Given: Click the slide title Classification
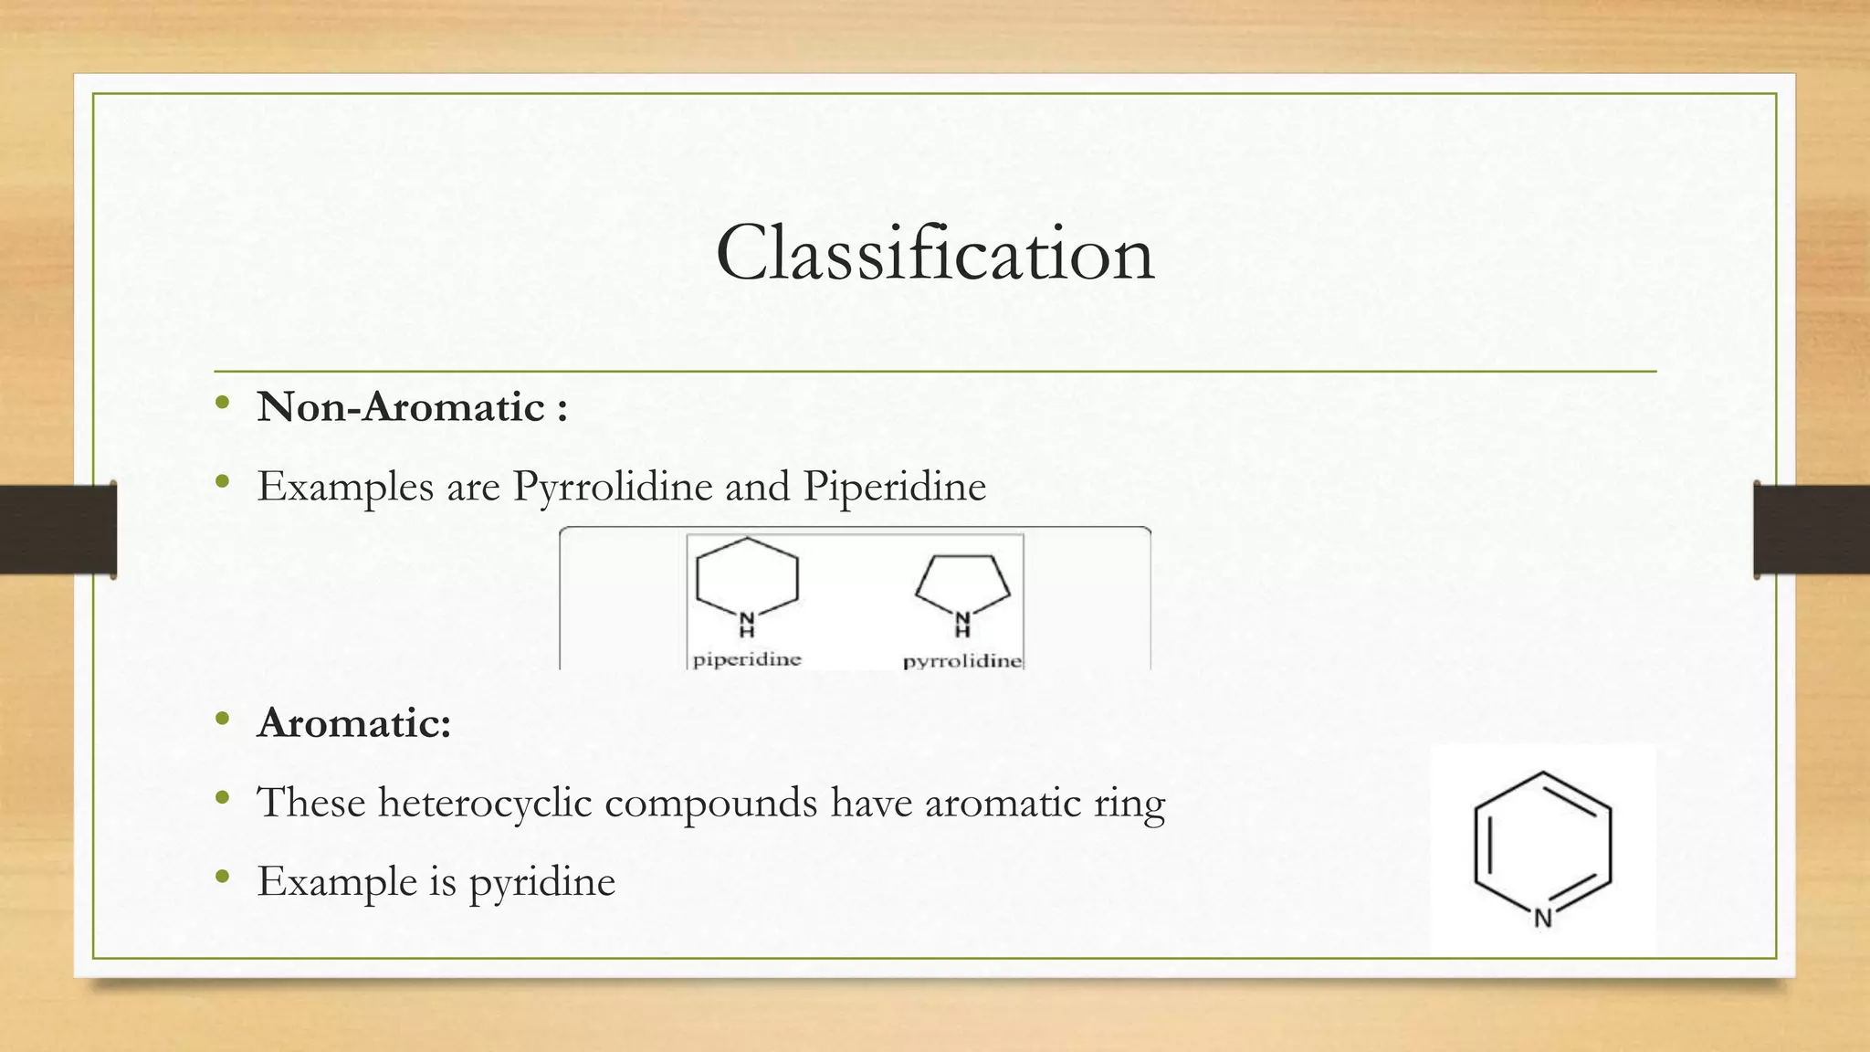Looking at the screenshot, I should coord(935,253).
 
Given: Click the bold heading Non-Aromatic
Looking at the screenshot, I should coord(402,407).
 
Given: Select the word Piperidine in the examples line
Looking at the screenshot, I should coord(895,486).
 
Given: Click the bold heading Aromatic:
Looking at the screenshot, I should coord(354,723).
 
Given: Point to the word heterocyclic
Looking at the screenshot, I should coord(485,803).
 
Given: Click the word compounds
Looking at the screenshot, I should coord(710,803).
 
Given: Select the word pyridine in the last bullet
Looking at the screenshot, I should coord(542,883).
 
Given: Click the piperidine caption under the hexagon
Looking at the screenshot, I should coord(747,659).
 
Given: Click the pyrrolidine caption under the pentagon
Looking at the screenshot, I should coord(962,661).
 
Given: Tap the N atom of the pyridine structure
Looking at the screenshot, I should coord(1543,919).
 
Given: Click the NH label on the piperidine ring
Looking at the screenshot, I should coord(747,624).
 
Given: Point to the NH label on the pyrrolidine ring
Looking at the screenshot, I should coord(962,624).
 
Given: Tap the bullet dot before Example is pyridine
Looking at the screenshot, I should coord(223,878).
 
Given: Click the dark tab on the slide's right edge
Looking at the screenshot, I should coord(1812,530).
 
